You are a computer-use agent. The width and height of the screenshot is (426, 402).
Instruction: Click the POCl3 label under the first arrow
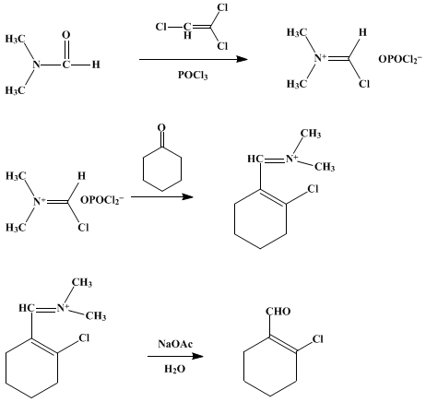[193, 75]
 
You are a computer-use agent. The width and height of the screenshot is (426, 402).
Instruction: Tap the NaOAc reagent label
[175, 343]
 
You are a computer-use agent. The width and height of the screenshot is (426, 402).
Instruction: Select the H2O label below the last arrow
[174, 369]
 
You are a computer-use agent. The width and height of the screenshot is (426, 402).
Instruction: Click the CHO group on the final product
[278, 312]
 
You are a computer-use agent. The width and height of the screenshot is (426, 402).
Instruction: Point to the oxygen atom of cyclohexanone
[161, 128]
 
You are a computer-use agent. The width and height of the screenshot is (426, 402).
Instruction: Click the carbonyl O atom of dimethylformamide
[66, 35]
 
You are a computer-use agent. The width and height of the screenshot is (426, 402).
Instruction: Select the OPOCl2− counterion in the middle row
[102, 200]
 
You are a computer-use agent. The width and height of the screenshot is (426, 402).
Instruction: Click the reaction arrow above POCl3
[194, 59]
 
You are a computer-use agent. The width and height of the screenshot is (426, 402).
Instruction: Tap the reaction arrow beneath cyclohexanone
[162, 196]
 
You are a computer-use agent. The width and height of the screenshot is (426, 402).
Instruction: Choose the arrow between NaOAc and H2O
[175, 356]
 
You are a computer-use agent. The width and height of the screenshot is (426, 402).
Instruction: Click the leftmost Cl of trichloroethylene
[161, 27]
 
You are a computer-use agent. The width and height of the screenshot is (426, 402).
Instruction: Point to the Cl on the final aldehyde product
[318, 339]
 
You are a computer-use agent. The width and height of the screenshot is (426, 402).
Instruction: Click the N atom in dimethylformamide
[37, 65]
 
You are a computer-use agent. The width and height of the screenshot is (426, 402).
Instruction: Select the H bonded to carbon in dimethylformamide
[96, 65]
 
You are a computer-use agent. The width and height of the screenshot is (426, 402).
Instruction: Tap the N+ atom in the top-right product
[319, 58]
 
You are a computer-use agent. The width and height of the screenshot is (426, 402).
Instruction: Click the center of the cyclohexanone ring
[162, 170]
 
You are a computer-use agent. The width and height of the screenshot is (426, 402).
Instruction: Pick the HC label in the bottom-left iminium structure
[25, 308]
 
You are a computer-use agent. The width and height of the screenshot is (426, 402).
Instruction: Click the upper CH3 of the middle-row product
[311, 134]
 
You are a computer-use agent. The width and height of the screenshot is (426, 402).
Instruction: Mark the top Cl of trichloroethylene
[222, 8]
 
